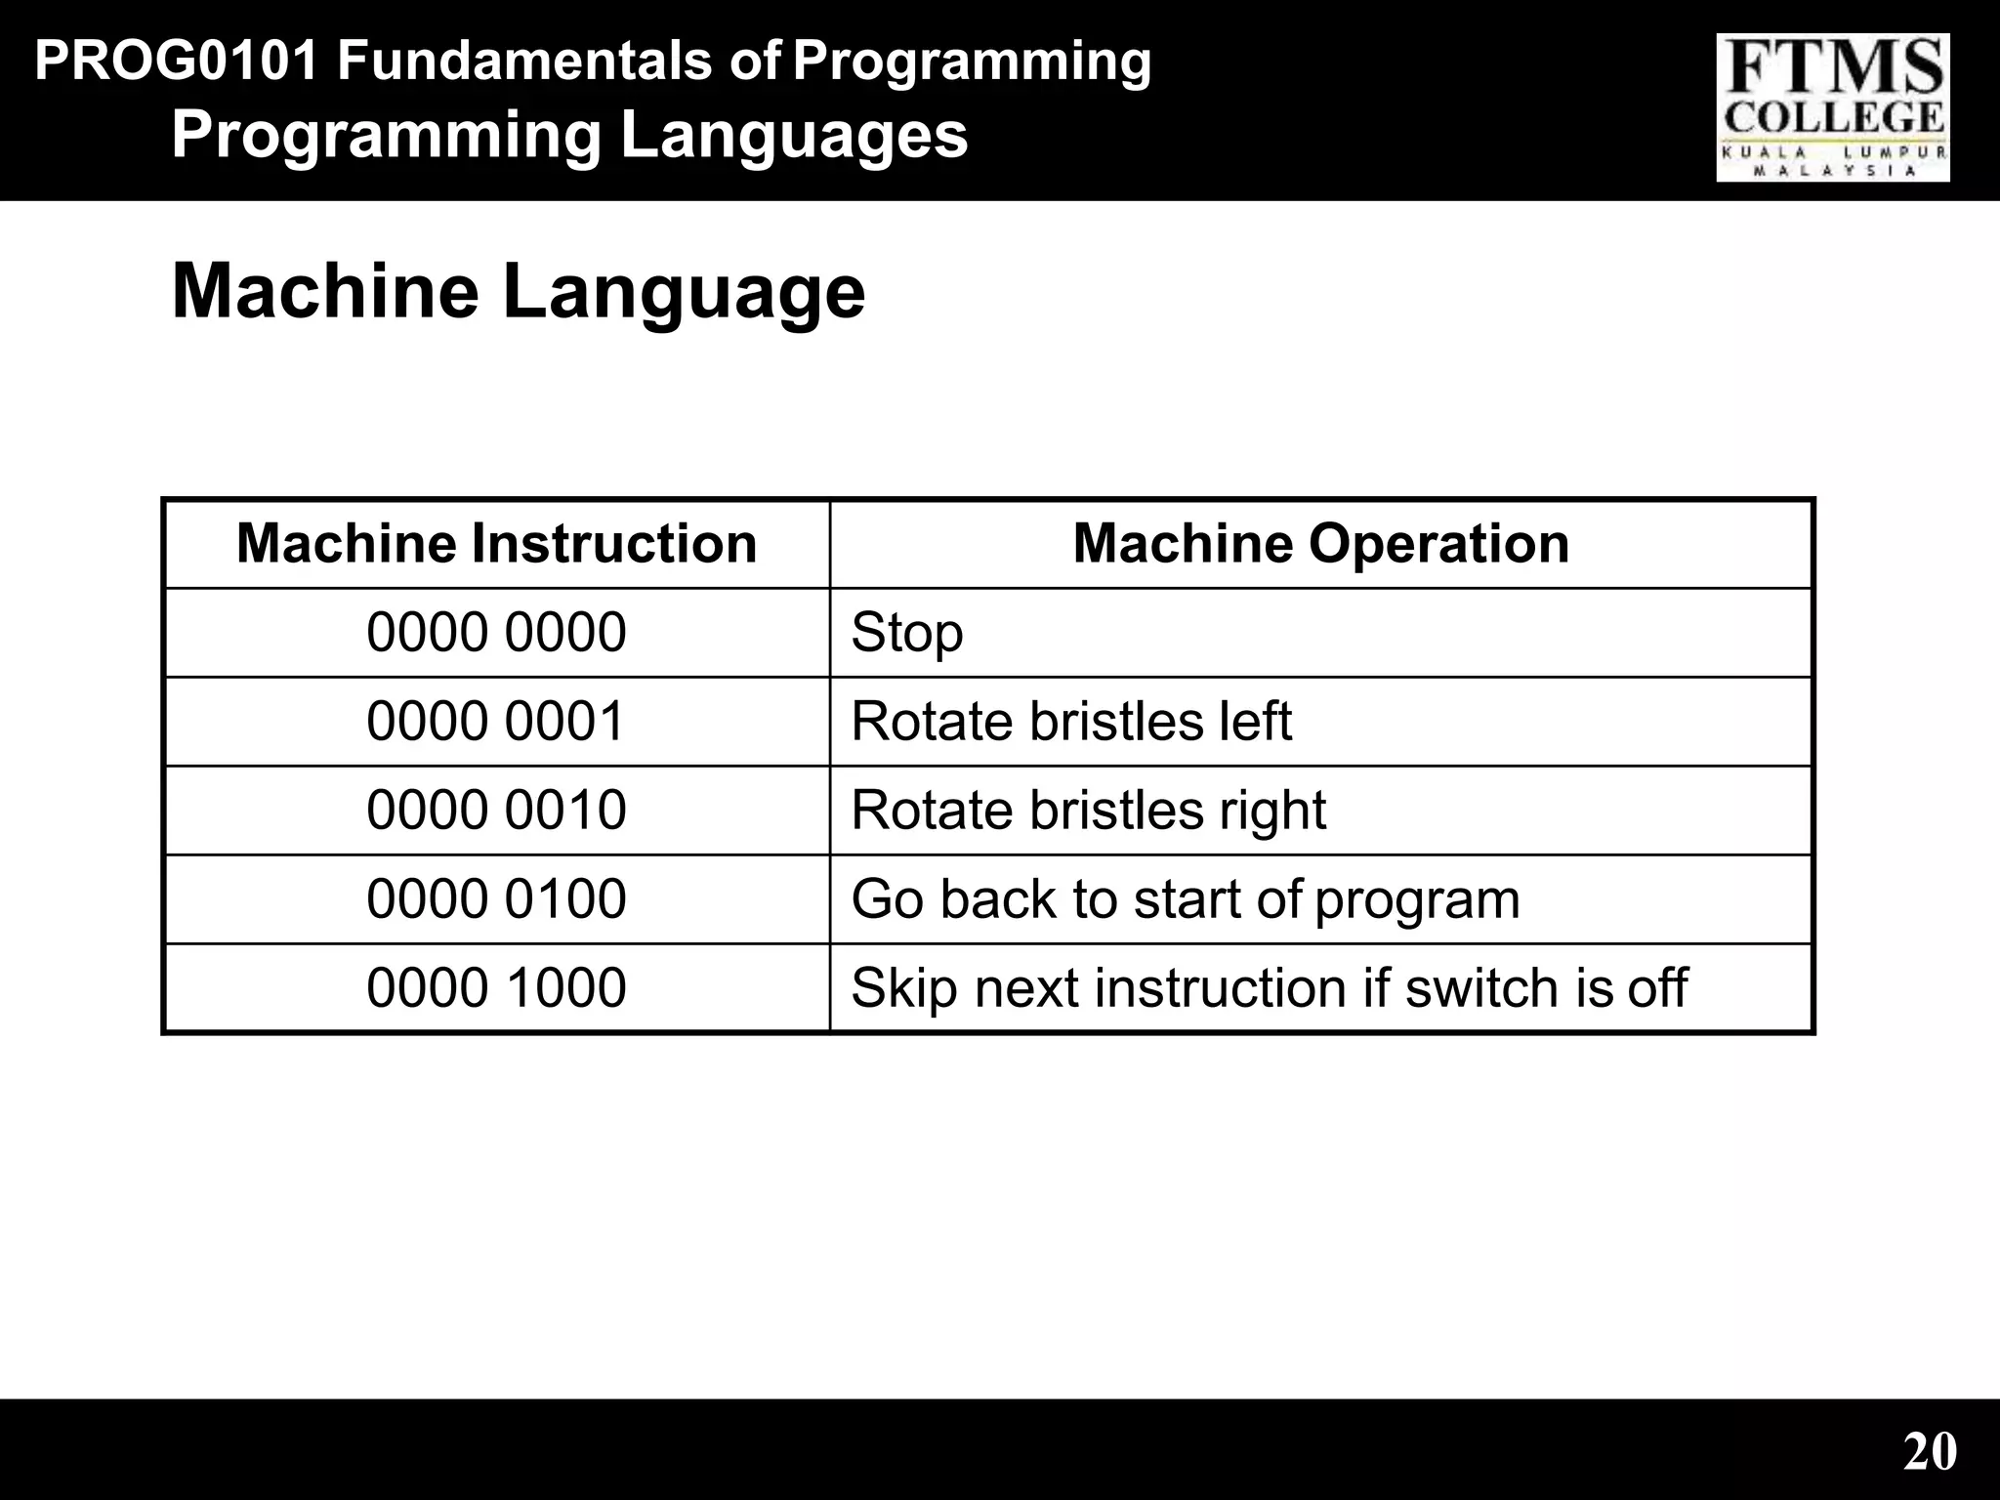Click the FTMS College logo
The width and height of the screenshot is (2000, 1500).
(x=1833, y=107)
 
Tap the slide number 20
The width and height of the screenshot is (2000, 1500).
(x=1930, y=1451)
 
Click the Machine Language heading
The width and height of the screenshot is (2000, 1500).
(x=518, y=291)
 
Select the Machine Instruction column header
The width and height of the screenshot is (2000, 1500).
(x=496, y=543)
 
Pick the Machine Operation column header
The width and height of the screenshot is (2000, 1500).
(x=1320, y=543)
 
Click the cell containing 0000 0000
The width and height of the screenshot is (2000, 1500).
(x=496, y=632)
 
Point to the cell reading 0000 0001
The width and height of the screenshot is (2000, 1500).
(x=496, y=721)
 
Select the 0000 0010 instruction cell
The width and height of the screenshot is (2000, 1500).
(x=496, y=810)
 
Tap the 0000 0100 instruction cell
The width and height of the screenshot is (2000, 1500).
(x=496, y=898)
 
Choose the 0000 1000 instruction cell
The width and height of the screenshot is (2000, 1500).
(x=496, y=987)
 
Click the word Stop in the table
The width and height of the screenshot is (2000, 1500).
(x=907, y=633)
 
